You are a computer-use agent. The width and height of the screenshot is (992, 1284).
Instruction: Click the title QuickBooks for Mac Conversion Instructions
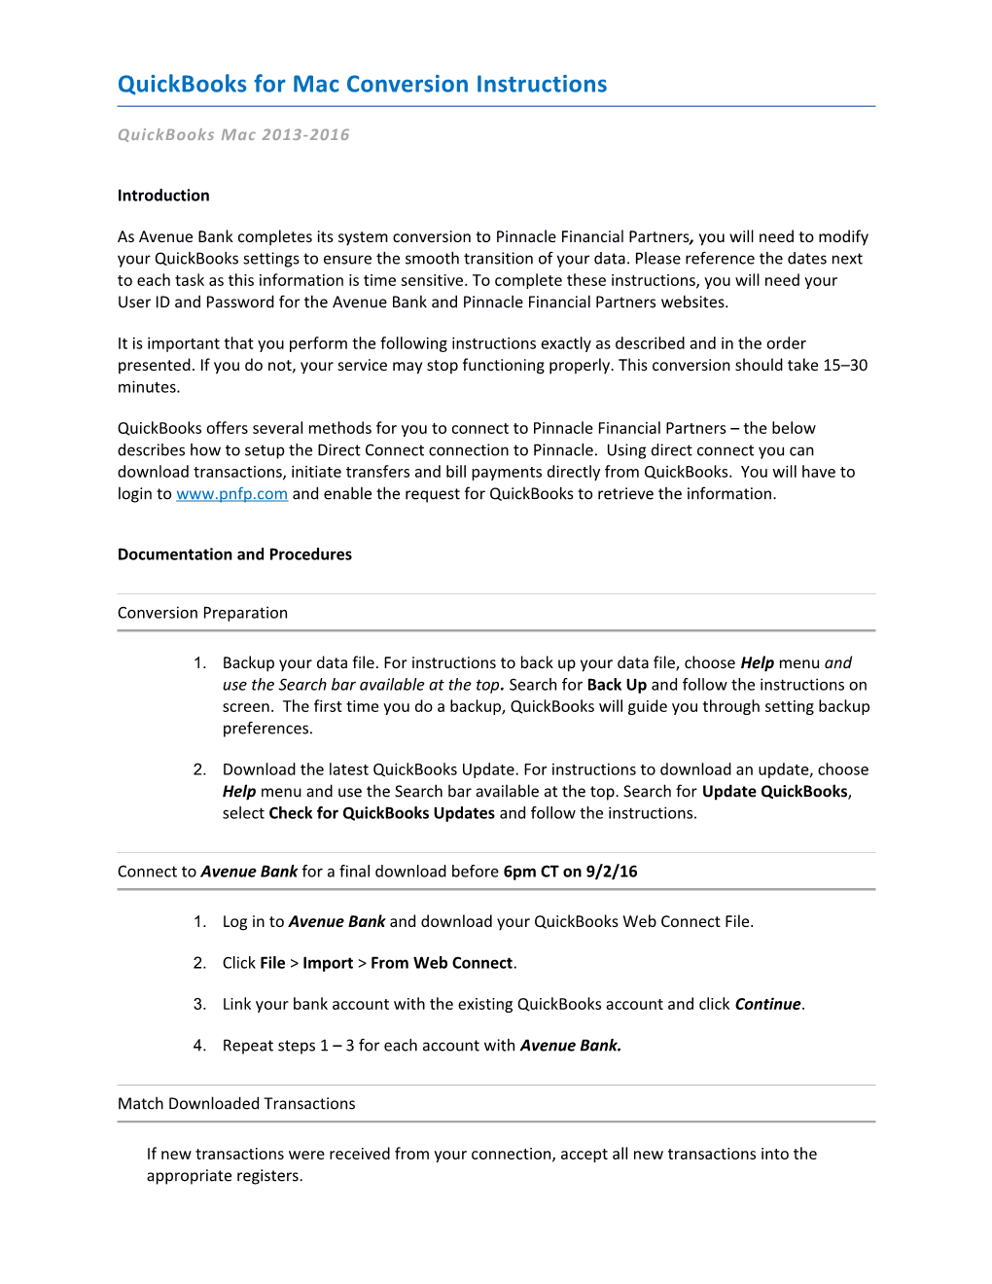point(362,85)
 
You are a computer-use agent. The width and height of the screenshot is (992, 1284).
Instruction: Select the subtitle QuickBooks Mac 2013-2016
point(233,135)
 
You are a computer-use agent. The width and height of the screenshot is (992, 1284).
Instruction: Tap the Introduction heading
point(163,196)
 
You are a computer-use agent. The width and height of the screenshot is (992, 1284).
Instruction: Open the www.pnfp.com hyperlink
point(231,494)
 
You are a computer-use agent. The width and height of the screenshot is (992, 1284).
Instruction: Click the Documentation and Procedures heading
point(234,554)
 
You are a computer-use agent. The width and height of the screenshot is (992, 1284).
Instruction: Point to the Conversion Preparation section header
point(202,613)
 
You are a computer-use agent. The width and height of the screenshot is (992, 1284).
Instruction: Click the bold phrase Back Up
point(617,685)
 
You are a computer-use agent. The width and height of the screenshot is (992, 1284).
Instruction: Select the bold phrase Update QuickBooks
point(775,792)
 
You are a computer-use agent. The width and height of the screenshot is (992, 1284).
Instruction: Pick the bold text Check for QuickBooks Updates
point(381,813)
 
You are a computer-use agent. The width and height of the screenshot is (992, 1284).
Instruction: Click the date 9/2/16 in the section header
point(612,872)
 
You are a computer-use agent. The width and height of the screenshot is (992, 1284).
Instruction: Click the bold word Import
point(328,963)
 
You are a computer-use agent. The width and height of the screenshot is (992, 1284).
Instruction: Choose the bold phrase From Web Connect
point(442,963)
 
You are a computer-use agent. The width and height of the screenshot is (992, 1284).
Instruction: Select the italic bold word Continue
point(768,1004)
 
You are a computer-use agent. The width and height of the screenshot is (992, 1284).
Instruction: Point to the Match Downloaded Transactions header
point(236,1104)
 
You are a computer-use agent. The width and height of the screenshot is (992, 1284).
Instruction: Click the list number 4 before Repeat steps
point(199,1046)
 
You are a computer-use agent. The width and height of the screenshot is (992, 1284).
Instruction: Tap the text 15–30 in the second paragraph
point(845,366)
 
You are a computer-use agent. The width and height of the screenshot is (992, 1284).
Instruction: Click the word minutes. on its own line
point(149,387)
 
